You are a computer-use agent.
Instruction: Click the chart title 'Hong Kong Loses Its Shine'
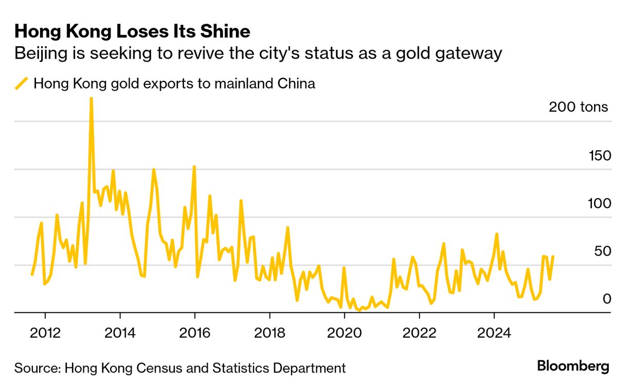tap(132, 32)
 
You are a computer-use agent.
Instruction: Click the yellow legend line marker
tap(22, 83)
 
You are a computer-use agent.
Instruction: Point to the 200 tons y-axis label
tap(578, 107)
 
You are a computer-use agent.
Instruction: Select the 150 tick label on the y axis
tap(600, 155)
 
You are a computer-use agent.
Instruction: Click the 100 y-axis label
tap(600, 203)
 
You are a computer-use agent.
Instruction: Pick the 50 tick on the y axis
tap(601, 251)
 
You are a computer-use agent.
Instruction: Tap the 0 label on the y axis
tap(606, 299)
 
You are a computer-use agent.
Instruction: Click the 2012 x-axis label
tap(45, 331)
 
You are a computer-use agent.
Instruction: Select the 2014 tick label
tap(120, 331)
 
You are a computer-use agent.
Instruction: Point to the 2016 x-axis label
tap(195, 331)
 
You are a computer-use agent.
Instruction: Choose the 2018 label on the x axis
tap(269, 331)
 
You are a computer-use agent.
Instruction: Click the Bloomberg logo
tap(573, 367)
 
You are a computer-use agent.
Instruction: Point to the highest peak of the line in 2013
tap(91, 98)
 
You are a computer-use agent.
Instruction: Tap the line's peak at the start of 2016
tap(194, 167)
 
